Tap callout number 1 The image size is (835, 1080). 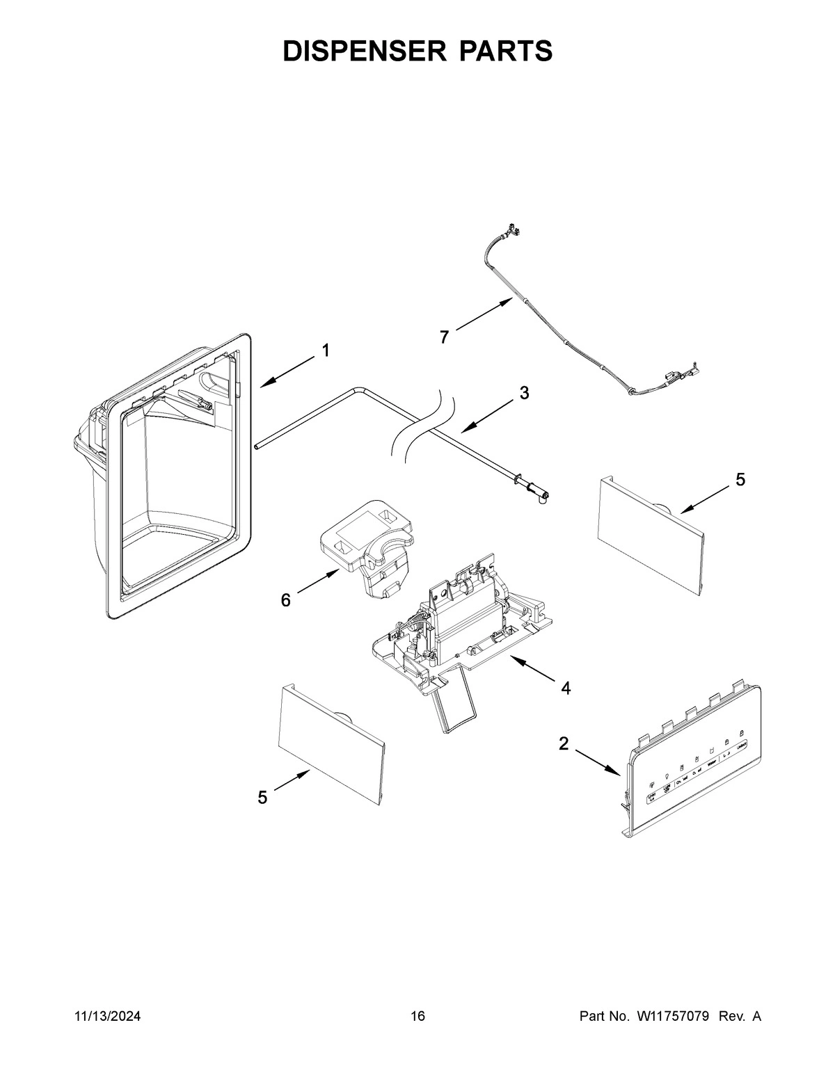325,351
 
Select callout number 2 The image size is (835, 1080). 564,744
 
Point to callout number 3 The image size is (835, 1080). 524,393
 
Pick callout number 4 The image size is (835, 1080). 566,688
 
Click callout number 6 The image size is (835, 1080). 286,600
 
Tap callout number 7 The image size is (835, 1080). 444,337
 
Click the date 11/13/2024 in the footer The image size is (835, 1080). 107,1017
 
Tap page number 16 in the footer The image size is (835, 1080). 417,1017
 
